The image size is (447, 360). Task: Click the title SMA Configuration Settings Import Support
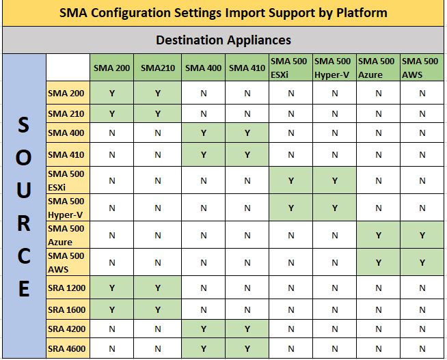click(223, 13)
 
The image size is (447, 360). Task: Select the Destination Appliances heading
click(223, 40)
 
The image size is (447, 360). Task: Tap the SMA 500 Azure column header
click(377, 67)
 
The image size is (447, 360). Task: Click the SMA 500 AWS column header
click(422, 67)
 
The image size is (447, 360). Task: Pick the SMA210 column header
click(157, 68)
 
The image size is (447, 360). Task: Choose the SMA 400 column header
click(203, 68)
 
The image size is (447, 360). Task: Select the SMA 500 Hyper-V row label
click(67, 207)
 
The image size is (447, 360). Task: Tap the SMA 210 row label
click(67, 113)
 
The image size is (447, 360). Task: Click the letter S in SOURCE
click(23, 126)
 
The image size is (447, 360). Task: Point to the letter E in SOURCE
click(23, 289)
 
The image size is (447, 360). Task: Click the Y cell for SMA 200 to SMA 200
click(112, 93)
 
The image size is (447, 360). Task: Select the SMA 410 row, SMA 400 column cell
click(203, 154)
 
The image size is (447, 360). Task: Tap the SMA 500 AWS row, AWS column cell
click(422, 262)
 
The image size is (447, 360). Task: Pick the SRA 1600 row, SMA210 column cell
click(157, 309)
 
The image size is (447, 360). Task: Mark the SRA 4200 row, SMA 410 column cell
click(247, 329)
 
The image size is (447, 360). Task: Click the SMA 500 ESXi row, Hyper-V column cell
click(335, 180)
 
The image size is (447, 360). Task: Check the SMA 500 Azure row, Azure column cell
click(377, 235)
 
